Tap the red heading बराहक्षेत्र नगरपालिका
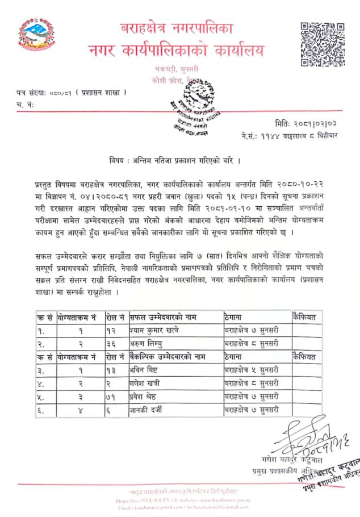click(176, 28)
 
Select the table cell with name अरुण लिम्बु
click(147, 344)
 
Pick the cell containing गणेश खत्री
click(147, 383)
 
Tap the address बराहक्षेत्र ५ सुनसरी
click(250, 370)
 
